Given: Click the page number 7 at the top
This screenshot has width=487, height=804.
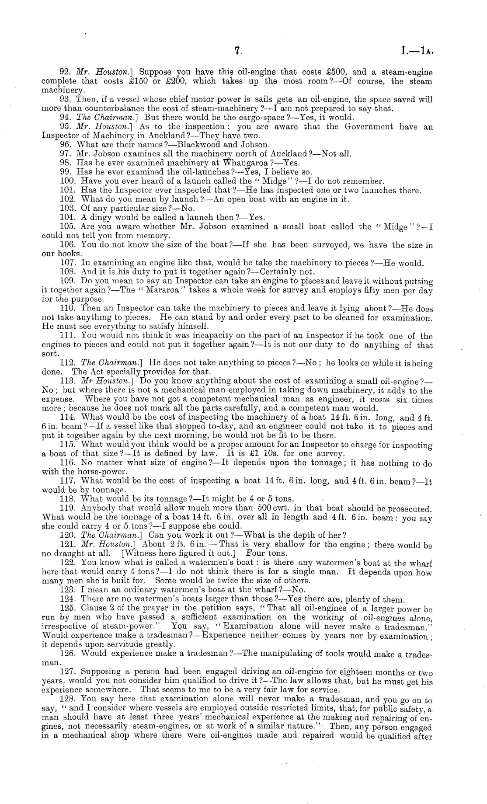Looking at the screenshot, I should point(237,51).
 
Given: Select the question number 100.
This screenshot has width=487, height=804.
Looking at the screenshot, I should point(67,181).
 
